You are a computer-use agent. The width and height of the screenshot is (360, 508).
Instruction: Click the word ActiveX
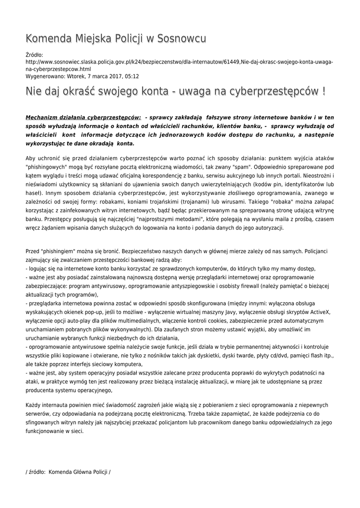[x=320, y=312]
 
